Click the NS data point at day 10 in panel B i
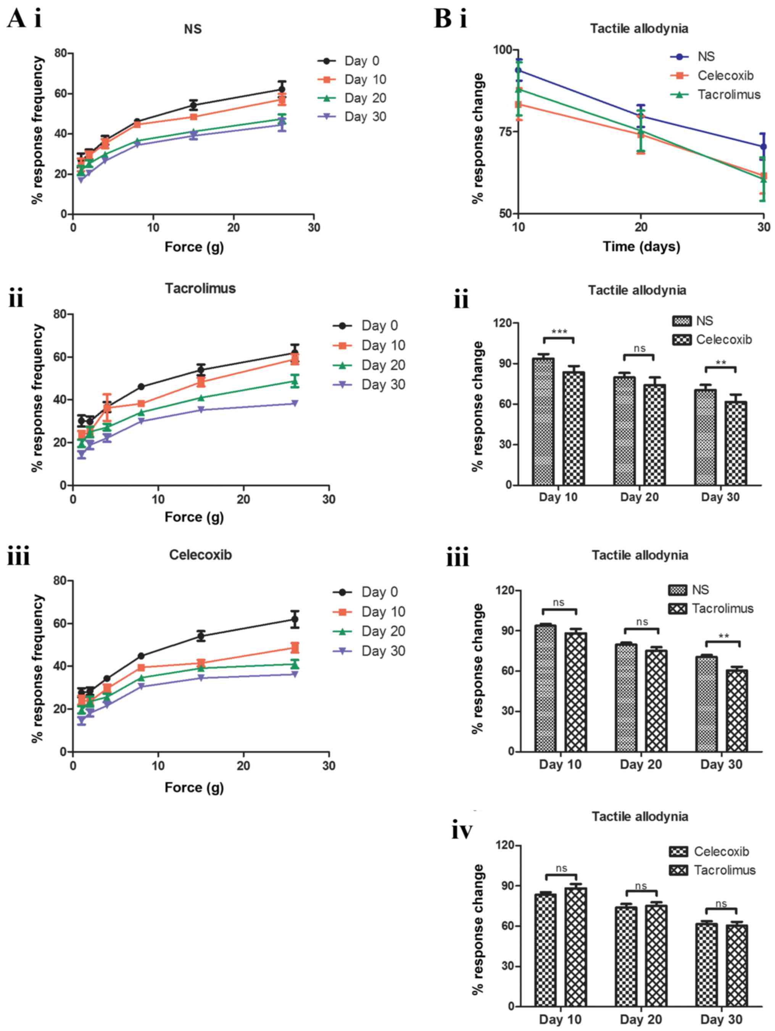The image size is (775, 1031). pyautogui.click(x=518, y=70)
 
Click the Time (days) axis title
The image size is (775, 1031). pyautogui.click(x=641, y=247)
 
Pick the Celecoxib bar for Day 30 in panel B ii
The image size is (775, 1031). pyautogui.click(x=736, y=443)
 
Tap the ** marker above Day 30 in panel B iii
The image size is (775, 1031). pyautogui.click(x=723, y=637)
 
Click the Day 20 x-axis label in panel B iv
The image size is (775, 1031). pyautogui.click(x=640, y=1019)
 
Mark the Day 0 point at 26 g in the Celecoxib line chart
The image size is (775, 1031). pyautogui.click(x=295, y=620)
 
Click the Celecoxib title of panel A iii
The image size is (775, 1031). pyautogui.click(x=200, y=555)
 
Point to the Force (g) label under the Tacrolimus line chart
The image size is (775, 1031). pyautogui.click(x=194, y=517)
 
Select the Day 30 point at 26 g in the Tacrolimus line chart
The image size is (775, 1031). pyautogui.click(x=295, y=403)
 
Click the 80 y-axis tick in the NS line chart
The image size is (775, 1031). pyautogui.click(x=61, y=53)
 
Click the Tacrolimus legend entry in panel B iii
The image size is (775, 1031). pyautogui.click(x=722, y=608)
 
